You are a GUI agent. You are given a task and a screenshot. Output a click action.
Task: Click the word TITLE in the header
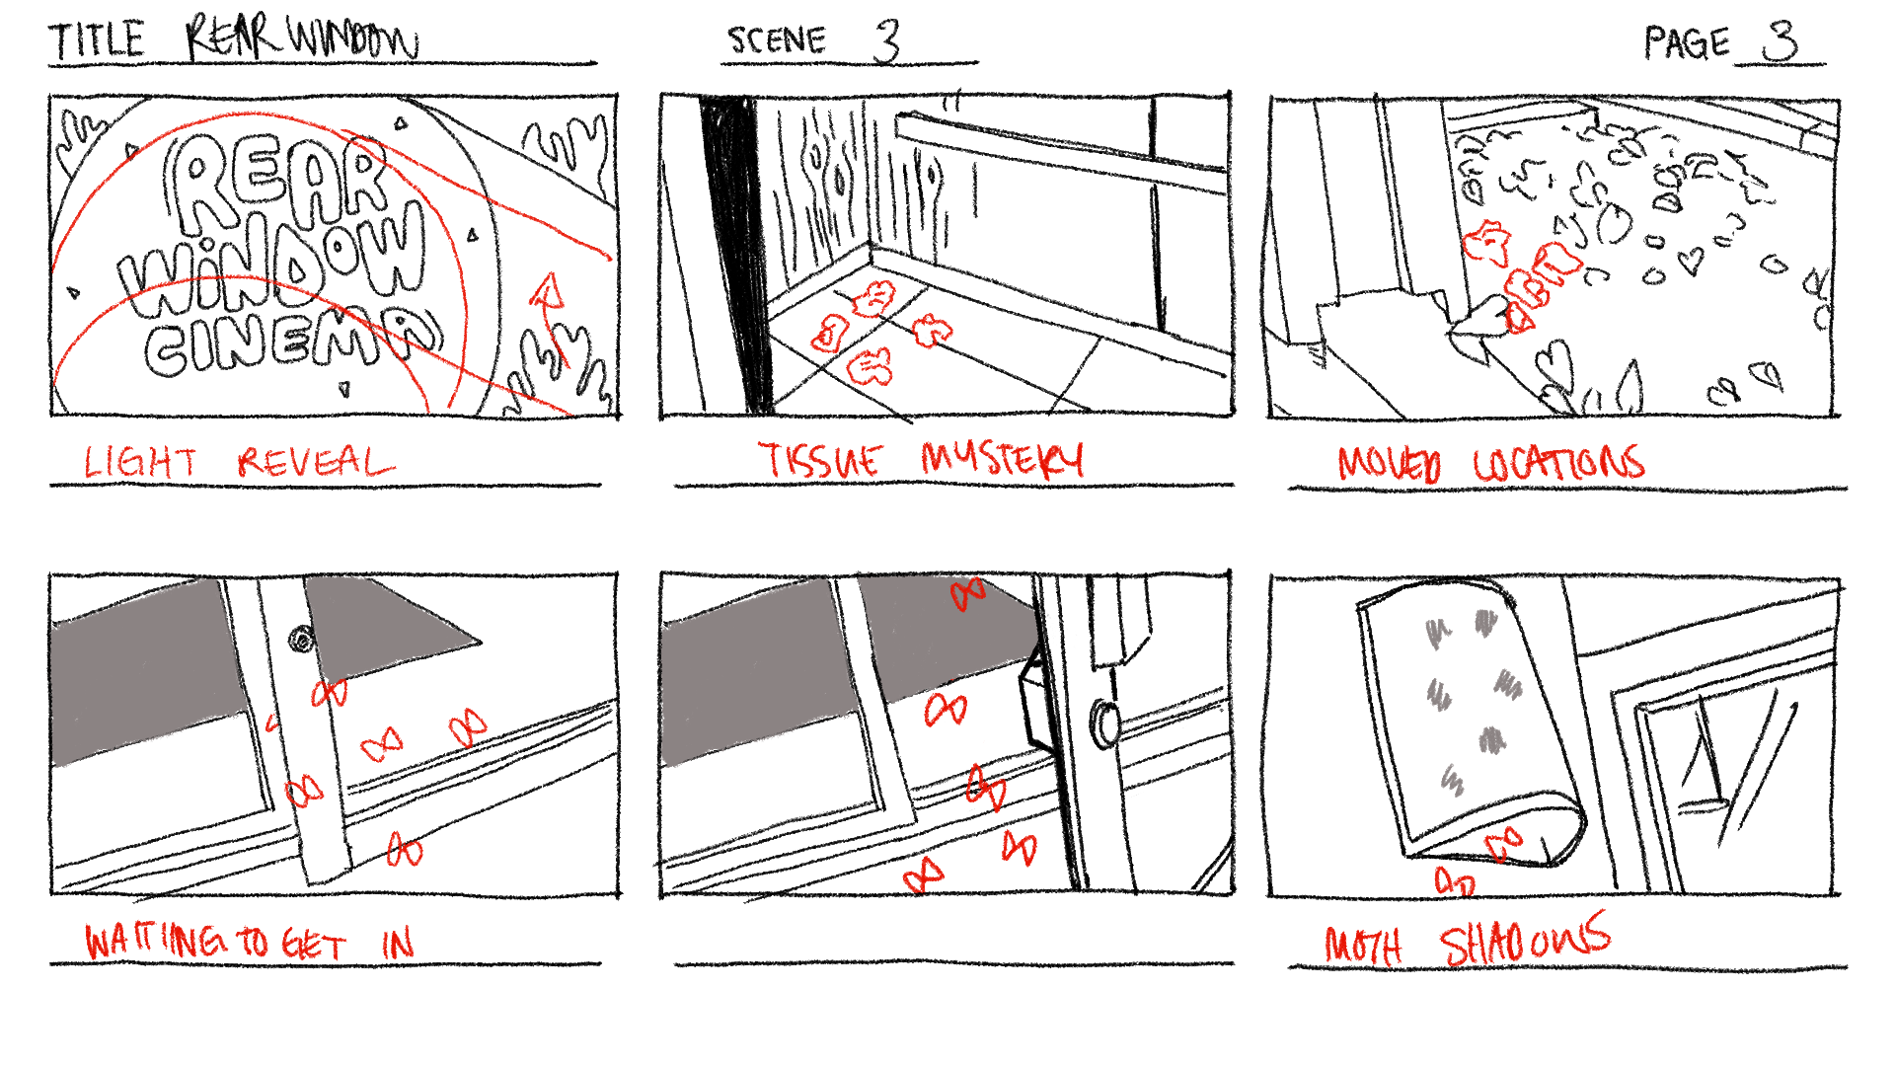pyautogui.click(x=97, y=40)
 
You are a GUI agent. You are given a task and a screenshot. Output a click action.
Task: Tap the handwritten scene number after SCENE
pyautogui.click(x=887, y=40)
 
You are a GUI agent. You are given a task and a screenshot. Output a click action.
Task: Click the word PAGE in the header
pyautogui.click(x=1687, y=43)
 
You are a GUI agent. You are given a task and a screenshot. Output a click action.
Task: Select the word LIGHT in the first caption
pyautogui.click(x=140, y=462)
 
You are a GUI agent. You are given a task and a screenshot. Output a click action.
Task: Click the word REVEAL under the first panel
pyautogui.click(x=315, y=462)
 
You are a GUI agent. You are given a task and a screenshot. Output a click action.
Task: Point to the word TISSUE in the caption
pyautogui.click(x=820, y=459)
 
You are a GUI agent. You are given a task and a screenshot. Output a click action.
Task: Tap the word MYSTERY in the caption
pyautogui.click(x=1002, y=458)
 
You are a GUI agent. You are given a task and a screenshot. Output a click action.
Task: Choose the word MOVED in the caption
pyautogui.click(x=1390, y=464)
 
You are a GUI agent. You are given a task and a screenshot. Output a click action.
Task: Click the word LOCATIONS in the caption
pyautogui.click(x=1559, y=463)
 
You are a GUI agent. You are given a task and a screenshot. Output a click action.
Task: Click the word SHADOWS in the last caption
pyautogui.click(x=1525, y=940)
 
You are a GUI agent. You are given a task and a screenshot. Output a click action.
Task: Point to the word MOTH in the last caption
pyautogui.click(x=1363, y=946)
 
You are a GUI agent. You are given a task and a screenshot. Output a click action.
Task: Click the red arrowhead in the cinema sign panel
pyautogui.click(x=547, y=291)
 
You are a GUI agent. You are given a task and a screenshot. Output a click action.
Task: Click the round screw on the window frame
pyautogui.click(x=302, y=641)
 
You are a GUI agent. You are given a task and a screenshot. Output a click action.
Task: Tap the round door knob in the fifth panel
pyautogui.click(x=1104, y=723)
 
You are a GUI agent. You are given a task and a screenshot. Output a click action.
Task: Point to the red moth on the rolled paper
pyautogui.click(x=1504, y=845)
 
